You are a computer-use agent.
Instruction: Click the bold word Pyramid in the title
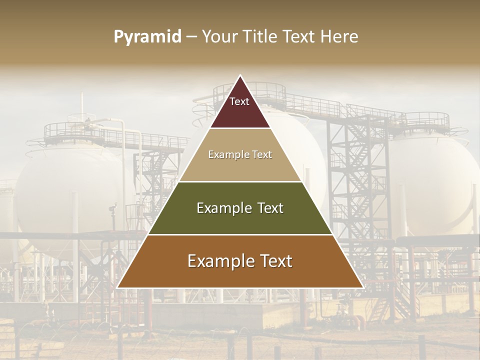[x=147, y=37]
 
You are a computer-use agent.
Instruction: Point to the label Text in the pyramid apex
[x=239, y=101]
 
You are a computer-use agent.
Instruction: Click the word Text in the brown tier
[x=275, y=261]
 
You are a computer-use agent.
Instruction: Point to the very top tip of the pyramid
[x=240, y=76]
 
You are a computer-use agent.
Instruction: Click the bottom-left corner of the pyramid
[x=117, y=287]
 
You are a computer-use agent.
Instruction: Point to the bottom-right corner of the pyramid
[x=362, y=287]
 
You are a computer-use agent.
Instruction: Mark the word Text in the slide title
[x=298, y=37]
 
